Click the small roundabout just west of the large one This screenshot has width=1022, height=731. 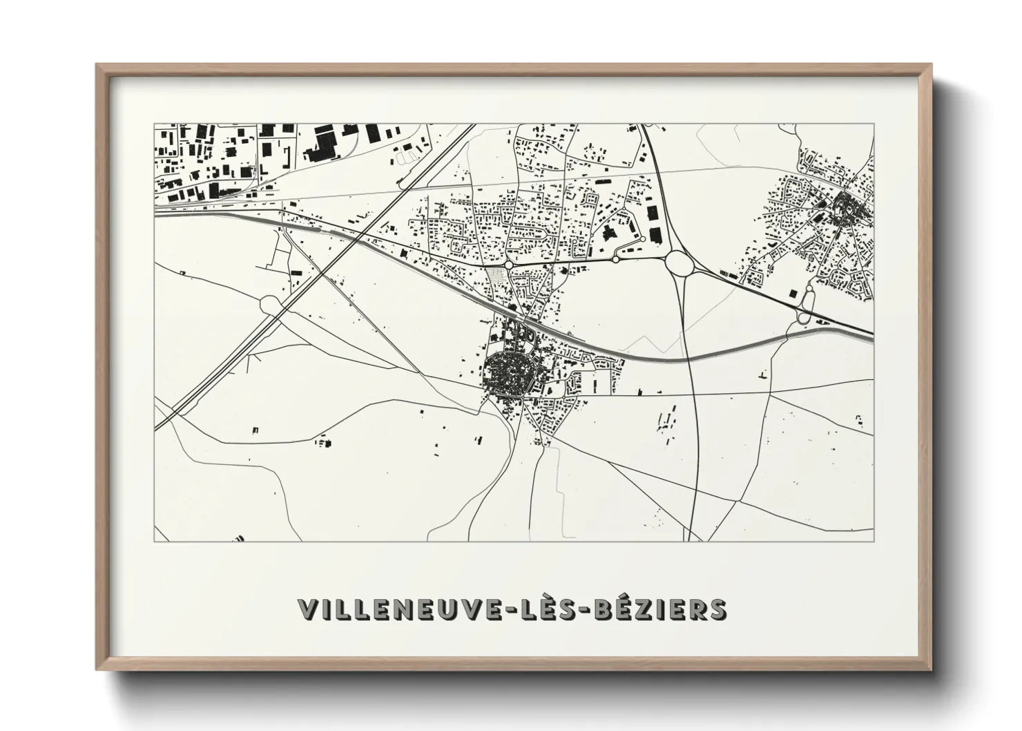(x=615, y=260)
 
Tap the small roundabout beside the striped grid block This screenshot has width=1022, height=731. (x=509, y=264)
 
